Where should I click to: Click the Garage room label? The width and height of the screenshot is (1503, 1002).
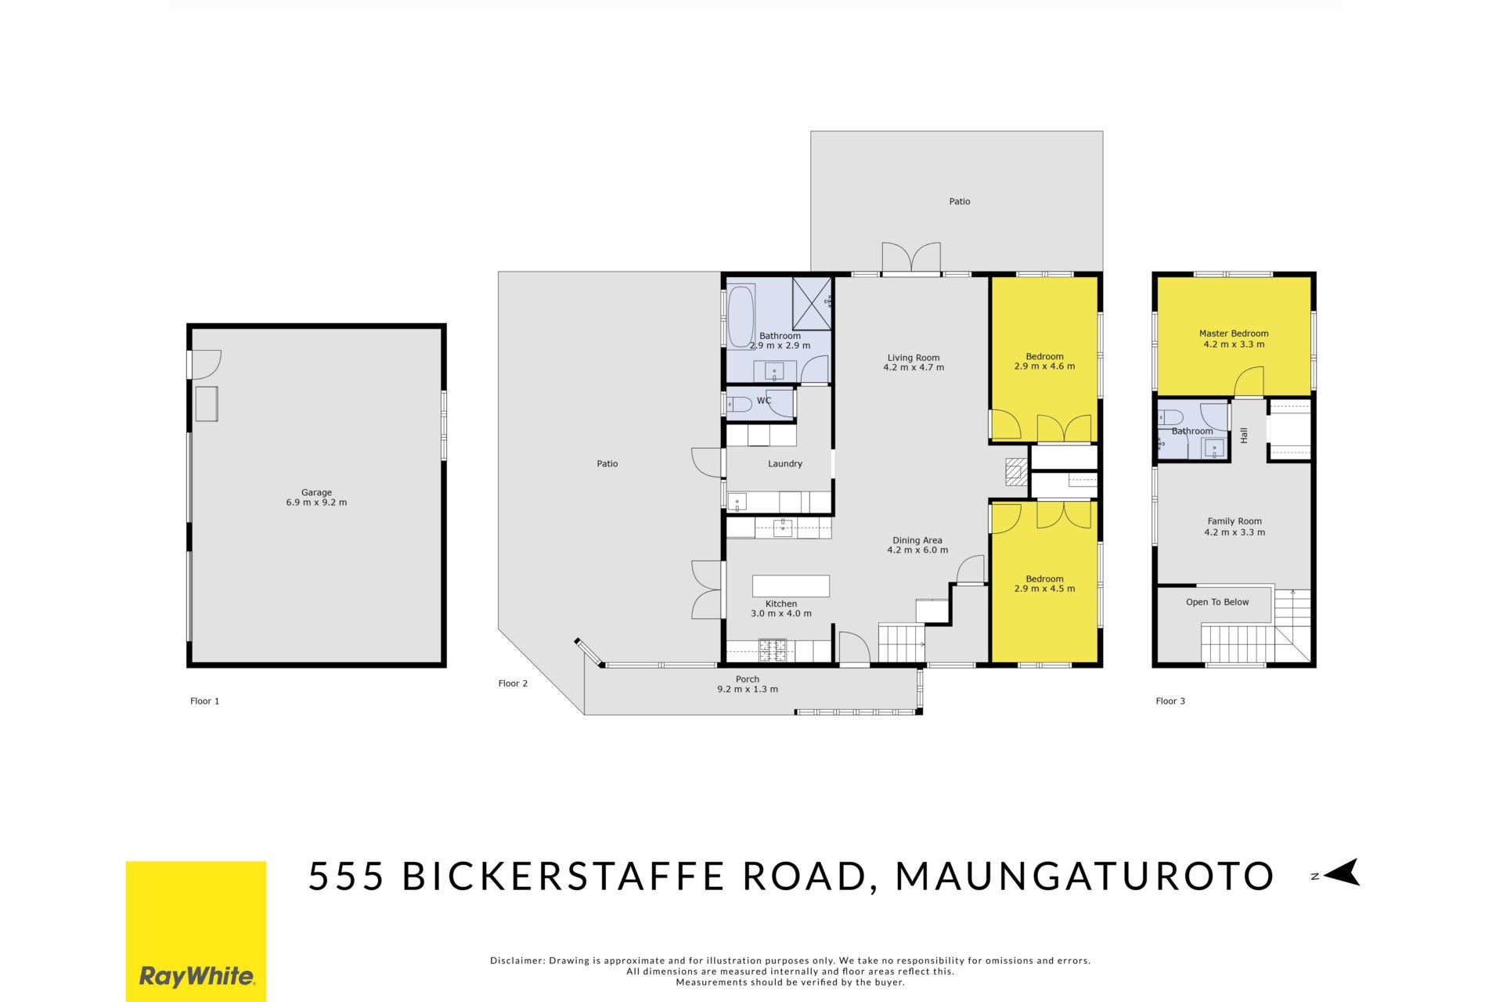[x=316, y=498]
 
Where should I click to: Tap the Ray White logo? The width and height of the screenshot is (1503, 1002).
[x=196, y=932]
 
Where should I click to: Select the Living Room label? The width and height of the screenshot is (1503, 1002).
[x=914, y=362]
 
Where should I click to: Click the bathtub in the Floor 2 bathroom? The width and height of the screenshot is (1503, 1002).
[x=741, y=316]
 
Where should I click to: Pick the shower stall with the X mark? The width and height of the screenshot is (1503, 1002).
[x=812, y=303]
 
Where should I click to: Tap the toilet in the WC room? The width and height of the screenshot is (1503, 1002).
[x=740, y=404]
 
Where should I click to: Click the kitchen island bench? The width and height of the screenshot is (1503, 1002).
[x=791, y=586]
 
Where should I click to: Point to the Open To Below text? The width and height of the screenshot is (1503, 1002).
[x=1217, y=602]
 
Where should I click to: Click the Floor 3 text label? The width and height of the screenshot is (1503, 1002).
[x=1170, y=701]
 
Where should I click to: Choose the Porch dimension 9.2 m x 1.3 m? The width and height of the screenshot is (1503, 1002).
[x=748, y=690]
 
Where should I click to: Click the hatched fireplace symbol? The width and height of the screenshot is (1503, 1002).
[x=1016, y=472]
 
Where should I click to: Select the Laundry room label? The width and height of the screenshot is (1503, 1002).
[x=785, y=463]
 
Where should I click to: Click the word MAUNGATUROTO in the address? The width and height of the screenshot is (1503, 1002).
[x=1085, y=876]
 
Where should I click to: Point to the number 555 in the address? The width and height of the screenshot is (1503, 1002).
[x=346, y=876]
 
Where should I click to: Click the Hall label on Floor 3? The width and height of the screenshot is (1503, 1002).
[x=1244, y=435]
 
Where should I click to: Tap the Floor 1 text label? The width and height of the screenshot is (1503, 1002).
[x=205, y=701]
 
